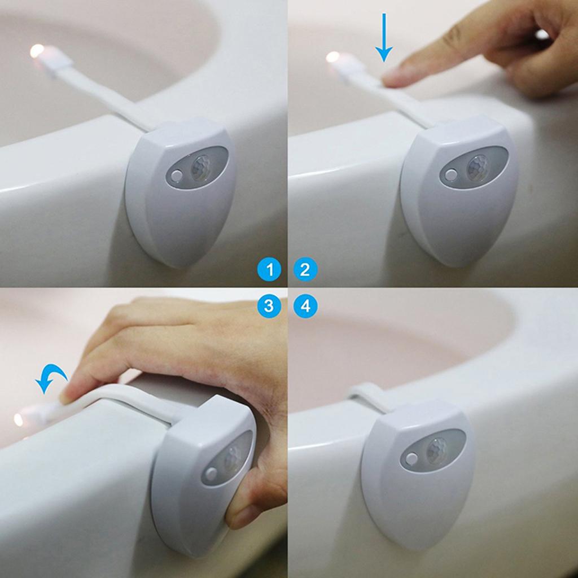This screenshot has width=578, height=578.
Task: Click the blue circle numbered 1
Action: coord(269,270)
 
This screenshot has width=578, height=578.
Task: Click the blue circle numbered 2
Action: coord(305,270)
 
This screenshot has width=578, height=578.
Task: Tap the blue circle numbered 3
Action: coord(269,306)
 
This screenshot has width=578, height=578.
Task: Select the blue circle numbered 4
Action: coord(305,306)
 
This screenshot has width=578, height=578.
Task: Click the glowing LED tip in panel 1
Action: coord(37,51)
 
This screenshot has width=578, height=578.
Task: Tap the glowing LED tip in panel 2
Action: coord(333,57)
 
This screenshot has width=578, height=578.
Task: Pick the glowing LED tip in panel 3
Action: coord(19,419)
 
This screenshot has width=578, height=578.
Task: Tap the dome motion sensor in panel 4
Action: coord(437,450)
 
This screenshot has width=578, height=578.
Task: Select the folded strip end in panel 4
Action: coord(361,389)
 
